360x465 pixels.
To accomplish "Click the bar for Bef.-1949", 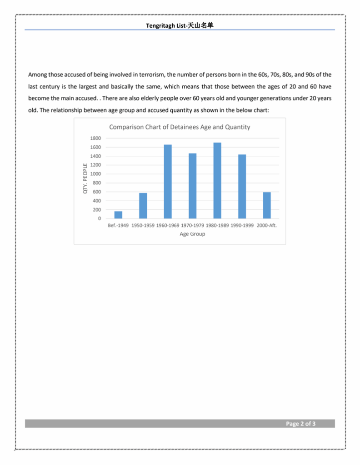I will tap(118, 215).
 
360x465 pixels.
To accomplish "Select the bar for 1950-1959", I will tap(143, 206).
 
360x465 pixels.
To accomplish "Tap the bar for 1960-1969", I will tap(168, 182).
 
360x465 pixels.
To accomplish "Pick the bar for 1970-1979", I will tap(193, 186).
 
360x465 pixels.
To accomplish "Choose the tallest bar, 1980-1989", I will tap(217, 181).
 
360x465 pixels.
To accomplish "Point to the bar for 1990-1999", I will tap(242, 187).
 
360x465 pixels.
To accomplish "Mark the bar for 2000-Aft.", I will tap(267, 205).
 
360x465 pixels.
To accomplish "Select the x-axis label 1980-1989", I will tap(217, 226).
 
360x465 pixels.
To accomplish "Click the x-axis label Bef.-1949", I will tap(118, 226).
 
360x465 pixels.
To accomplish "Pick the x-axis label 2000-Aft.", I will tap(267, 226).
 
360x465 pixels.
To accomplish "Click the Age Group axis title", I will tap(192, 234).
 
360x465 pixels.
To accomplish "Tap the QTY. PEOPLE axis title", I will tap(85, 178).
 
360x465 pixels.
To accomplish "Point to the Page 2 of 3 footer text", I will tap(300, 424).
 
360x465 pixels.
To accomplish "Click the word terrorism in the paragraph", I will tap(152, 74).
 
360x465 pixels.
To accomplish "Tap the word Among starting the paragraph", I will tap(38, 74).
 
